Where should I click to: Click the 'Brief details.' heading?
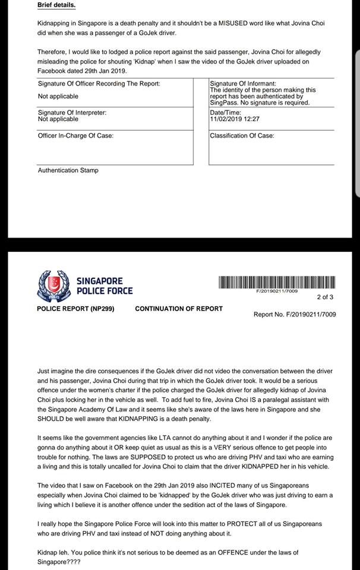56,5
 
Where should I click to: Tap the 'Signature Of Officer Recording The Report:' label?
99,84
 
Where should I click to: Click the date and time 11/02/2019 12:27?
235,119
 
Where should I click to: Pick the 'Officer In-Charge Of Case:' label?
75,136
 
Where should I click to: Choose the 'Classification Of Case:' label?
242,136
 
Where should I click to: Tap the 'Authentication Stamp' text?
68,170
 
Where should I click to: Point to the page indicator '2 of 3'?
325,297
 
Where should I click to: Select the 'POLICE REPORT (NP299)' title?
75,309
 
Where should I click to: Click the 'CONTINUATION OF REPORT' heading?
179,309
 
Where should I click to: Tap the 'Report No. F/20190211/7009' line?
295,315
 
